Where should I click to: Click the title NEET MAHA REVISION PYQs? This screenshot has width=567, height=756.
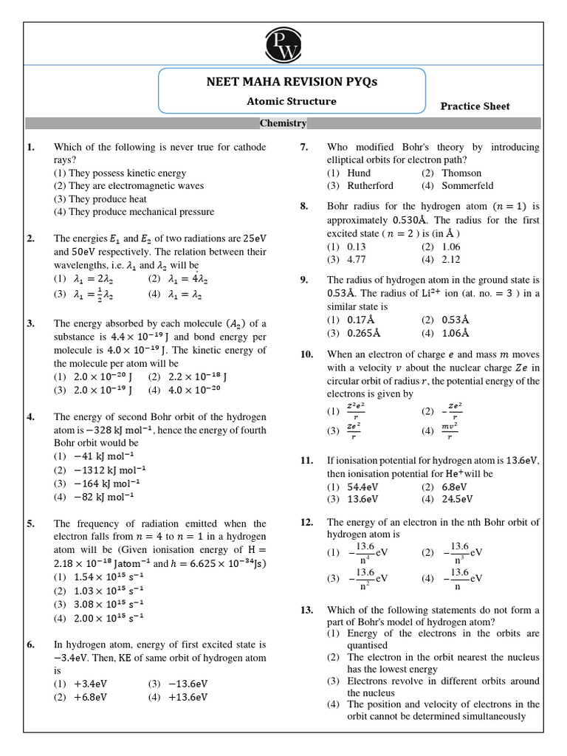[292, 82]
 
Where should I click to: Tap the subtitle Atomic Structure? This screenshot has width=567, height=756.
[291, 101]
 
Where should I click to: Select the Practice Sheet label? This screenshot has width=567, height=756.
[475, 106]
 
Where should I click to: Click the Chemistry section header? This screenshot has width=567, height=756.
[283, 123]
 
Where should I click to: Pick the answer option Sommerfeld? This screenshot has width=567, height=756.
[467, 185]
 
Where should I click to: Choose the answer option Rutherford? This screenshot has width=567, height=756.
[370, 185]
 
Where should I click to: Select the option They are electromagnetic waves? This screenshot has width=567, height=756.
[128, 186]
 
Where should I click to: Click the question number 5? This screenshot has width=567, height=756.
[30, 523]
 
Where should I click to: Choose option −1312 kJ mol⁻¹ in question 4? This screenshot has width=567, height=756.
[110, 470]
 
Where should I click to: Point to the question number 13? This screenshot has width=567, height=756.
[306, 610]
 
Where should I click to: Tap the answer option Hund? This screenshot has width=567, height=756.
[359, 173]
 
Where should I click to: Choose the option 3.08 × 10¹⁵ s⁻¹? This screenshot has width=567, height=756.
[109, 604]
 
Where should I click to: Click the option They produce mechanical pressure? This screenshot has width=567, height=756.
[134, 212]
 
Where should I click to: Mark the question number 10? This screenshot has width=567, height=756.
[306, 354]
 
